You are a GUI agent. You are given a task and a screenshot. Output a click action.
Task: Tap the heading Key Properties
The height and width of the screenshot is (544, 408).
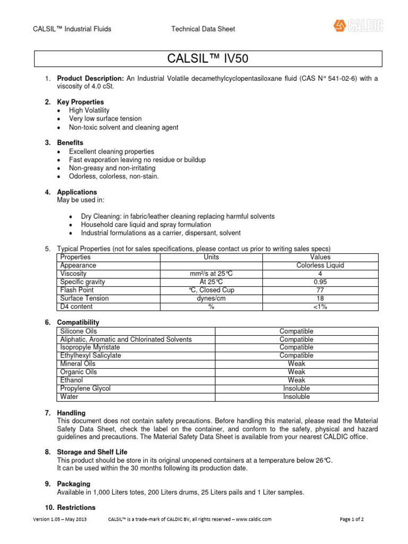(x=80, y=102)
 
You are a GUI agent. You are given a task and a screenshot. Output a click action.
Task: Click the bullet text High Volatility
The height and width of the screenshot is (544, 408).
(x=89, y=110)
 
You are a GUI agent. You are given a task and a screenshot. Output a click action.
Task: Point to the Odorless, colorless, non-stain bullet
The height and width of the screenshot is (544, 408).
(x=114, y=176)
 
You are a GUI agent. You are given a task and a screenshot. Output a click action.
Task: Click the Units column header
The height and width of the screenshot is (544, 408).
(x=211, y=257)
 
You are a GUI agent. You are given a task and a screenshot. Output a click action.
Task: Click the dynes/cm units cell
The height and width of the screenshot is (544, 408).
(x=211, y=299)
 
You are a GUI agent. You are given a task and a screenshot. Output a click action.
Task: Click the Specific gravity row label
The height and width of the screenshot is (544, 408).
(x=83, y=282)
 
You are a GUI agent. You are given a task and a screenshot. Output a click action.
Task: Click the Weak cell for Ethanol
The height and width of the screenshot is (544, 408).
(x=296, y=380)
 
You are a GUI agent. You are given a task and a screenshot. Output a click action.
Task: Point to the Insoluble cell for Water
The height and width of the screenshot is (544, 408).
(x=296, y=397)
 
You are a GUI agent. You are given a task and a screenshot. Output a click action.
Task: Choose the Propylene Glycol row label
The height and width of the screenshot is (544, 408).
(x=86, y=388)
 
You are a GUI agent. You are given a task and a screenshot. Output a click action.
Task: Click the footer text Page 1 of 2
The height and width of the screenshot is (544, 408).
(x=351, y=519)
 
